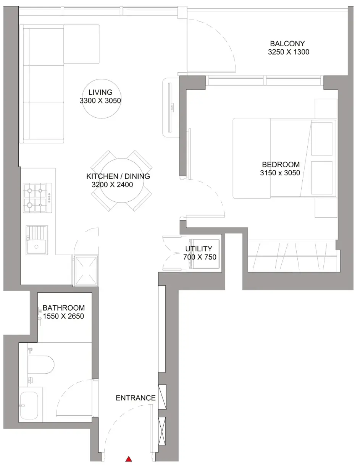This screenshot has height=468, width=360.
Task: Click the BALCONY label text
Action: pyautogui.click(x=287, y=44)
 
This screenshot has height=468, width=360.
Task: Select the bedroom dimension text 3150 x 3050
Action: pyautogui.click(x=280, y=173)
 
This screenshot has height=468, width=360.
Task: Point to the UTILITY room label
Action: pyautogui.click(x=199, y=249)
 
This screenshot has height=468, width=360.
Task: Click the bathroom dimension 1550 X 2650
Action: pyautogui.click(x=63, y=316)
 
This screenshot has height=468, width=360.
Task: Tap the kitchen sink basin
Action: pyautogui.click(x=36, y=246)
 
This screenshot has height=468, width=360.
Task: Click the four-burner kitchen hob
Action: pyautogui.click(x=38, y=198)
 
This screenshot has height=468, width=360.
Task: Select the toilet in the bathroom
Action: pyautogui.click(x=41, y=364)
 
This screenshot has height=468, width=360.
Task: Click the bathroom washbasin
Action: pyautogui.click(x=29, y=406)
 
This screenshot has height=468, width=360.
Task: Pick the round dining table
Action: pyautogui.click(x=122, y=180)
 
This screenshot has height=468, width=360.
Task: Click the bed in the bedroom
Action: pyautogui.click(x=284, y=158)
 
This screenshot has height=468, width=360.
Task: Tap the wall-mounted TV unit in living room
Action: pyautogui.click(x=171, y=107)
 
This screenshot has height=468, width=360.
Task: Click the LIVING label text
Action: pyautogui.click(x=100, y=92)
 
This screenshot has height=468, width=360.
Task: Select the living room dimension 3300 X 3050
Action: pyautogui.click(x=100, y=100)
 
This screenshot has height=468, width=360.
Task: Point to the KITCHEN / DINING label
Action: pyautogui.click(x=118, y=176)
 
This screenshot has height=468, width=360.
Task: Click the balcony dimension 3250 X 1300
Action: pyautogui.click(x=289, y=52)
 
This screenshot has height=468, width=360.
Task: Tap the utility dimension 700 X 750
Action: pyautogui.click(x=200, y=257)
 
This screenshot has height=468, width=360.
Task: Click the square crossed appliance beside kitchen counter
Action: pyautogui.click(x=86, y=271)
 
